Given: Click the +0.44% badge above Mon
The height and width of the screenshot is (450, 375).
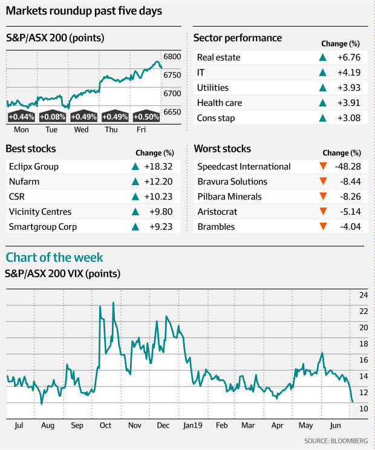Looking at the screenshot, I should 21,117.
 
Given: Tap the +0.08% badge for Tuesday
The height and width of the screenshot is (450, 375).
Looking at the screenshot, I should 53,117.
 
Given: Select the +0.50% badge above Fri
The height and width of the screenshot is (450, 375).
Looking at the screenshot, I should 146,117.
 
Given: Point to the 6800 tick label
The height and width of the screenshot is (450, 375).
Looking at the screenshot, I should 173,56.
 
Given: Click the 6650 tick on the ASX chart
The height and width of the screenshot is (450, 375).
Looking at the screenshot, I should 173,112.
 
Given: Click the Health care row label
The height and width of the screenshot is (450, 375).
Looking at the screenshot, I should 219,103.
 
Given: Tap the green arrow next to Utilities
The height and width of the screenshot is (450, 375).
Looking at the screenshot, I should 324,88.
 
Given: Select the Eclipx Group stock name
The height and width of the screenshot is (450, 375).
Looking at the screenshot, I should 34,166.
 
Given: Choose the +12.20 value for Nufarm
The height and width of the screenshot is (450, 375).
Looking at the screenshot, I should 163,181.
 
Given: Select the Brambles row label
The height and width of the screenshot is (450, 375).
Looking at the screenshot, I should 216,227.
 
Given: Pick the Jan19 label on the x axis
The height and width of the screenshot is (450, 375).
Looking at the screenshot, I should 193,426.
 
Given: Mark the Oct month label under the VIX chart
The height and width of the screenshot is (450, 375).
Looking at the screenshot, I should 106,426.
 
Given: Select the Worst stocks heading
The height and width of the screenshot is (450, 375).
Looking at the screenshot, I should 222,148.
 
